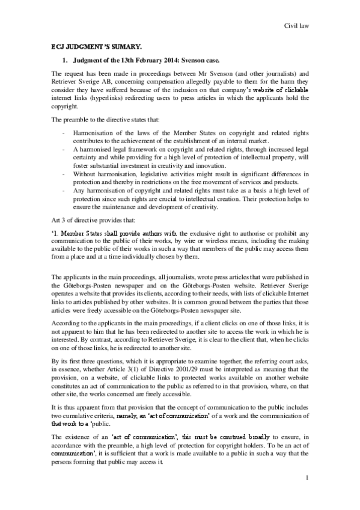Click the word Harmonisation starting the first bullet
(93, 131)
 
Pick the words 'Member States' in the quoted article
(82, 234)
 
